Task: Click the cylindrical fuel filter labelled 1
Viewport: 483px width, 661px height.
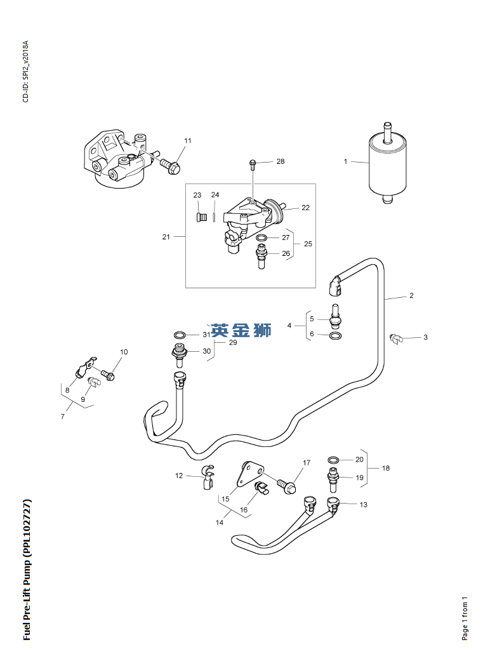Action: click(387, 164)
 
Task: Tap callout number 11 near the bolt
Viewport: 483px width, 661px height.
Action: click(188, 140)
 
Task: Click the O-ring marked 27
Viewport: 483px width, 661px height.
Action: click(261, 238)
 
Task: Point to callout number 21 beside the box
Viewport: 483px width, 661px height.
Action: click(166, 237)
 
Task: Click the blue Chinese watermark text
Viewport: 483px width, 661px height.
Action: click(241, 330)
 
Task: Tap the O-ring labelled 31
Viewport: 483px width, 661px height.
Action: click(180, 335)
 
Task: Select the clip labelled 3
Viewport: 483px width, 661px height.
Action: click(397, 338)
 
